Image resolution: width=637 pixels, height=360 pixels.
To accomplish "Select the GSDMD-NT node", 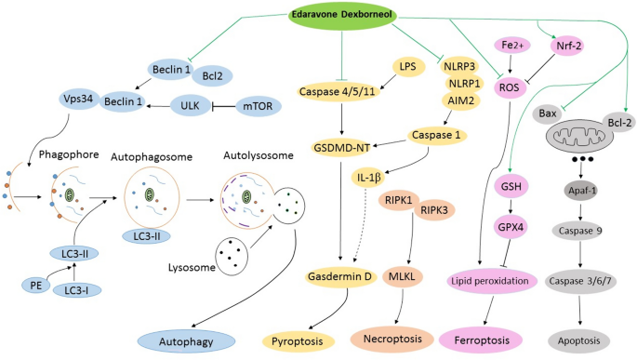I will pos(342,147).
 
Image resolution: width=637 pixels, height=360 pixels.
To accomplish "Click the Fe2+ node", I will pos(508,44).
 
